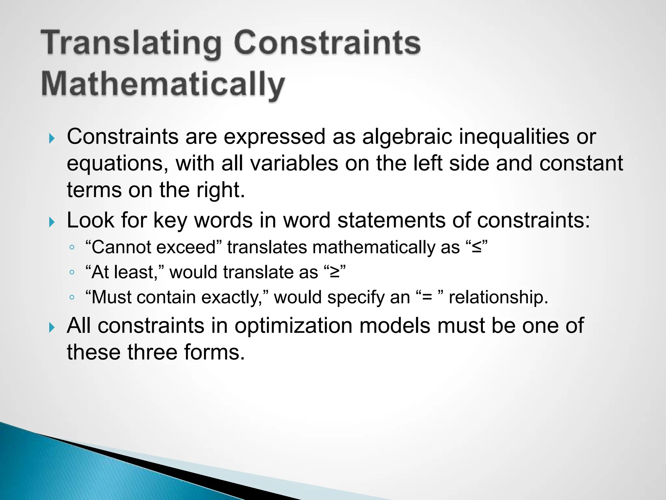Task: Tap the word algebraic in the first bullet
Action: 407,136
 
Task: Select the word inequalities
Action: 514,136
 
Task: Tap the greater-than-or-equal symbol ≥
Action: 335,272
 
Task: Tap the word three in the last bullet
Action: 152,352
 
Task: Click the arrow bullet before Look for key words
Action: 52,223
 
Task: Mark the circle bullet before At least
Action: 72,272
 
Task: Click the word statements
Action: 392,221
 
